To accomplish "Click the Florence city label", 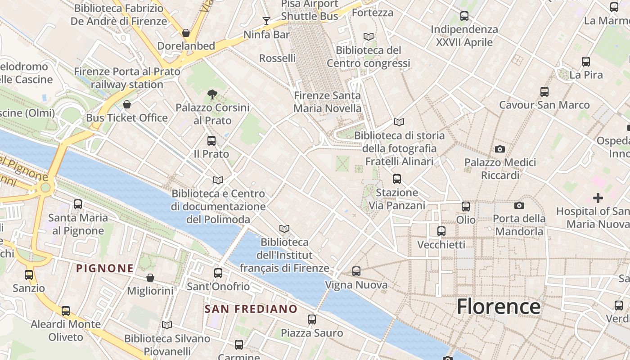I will coord(498,306).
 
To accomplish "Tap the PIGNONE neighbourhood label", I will coord(105,269).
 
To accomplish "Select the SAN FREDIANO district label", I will coord(251,309).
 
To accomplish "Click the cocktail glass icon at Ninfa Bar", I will coord(266,21).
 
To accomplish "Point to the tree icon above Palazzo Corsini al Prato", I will coord(212,94).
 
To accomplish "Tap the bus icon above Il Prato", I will coord(211,141).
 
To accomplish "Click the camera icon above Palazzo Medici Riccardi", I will coord(500,149).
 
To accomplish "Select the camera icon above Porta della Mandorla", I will coord(519,206).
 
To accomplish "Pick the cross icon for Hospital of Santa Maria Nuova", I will coord(598,198).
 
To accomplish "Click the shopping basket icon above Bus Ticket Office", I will coord(127,105).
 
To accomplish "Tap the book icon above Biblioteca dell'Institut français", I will coord(284,229).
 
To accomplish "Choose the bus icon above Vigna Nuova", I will coord(356,271).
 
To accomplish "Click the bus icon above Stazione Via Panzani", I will coord(397,179).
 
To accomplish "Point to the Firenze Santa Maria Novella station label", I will coord(327,102).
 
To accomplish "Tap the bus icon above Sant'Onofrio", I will coord(218,273).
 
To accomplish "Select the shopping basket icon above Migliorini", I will coord(150,278).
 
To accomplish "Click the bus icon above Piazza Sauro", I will coord(312,319).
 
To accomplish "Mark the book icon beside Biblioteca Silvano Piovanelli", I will coord(167,325).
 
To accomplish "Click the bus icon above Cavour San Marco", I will coord(544,92).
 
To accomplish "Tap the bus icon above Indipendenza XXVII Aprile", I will coord(464,16).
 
